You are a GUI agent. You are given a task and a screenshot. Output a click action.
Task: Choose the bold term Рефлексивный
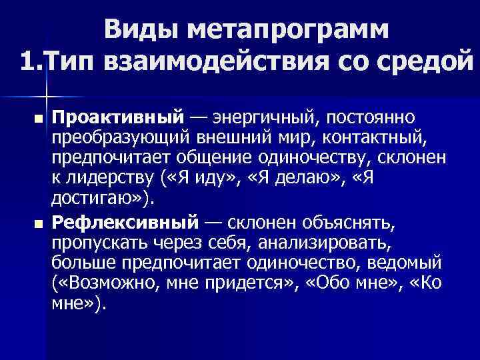click(125, 221)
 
